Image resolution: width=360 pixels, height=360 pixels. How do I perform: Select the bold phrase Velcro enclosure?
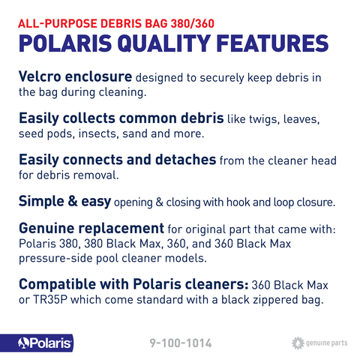75,78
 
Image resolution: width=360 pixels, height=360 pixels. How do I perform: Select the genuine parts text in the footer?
327,343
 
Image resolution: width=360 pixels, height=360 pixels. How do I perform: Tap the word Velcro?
43,78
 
